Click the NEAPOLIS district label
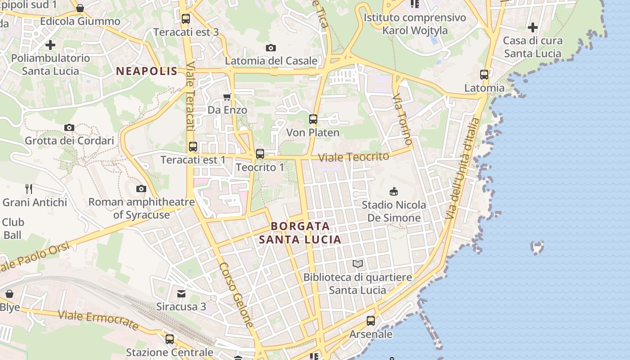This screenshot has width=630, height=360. pyautogui.click(x=147, y=71)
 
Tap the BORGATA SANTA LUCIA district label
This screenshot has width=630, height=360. pyautogui.click(x=300, y=233)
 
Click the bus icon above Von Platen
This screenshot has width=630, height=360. pyautogui.click(x=313, y=119)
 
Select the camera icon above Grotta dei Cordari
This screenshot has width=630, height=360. pyautogui.click(x=69, y=128)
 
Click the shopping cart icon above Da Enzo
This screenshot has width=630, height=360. pyautogui.click(x=227, y=97)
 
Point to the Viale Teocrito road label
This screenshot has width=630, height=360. pyautogui.click(x=353, y=157)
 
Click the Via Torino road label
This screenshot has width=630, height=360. pyautogui.click(x=402, y=119)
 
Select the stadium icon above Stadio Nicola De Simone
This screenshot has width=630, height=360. pyautogui.click(x=394, y=192)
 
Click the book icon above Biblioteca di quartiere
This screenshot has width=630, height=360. pyautogui.click(x=358, y=264)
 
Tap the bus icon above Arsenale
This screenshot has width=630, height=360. pyautogui.click(x=371, y=321)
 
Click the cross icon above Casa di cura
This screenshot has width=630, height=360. pyautogui.click(x=533, y=27)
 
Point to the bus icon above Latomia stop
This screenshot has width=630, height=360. pyautogui.click(x=484, y=75)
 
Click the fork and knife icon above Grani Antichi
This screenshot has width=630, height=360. pyautogui.click(x=29, y=189)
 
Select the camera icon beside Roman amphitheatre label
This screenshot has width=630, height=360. pyautogui.click(x=141, y=189)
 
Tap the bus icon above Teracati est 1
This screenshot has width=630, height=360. pyautogui.click(x=193, y=146)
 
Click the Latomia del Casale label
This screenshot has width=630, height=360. pyautogui.click(x=271, y=61)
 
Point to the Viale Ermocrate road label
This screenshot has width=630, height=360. pyautogui.click(x=98, y=319)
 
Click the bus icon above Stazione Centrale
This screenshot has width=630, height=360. pyautogui.click(x=170, y=339)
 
